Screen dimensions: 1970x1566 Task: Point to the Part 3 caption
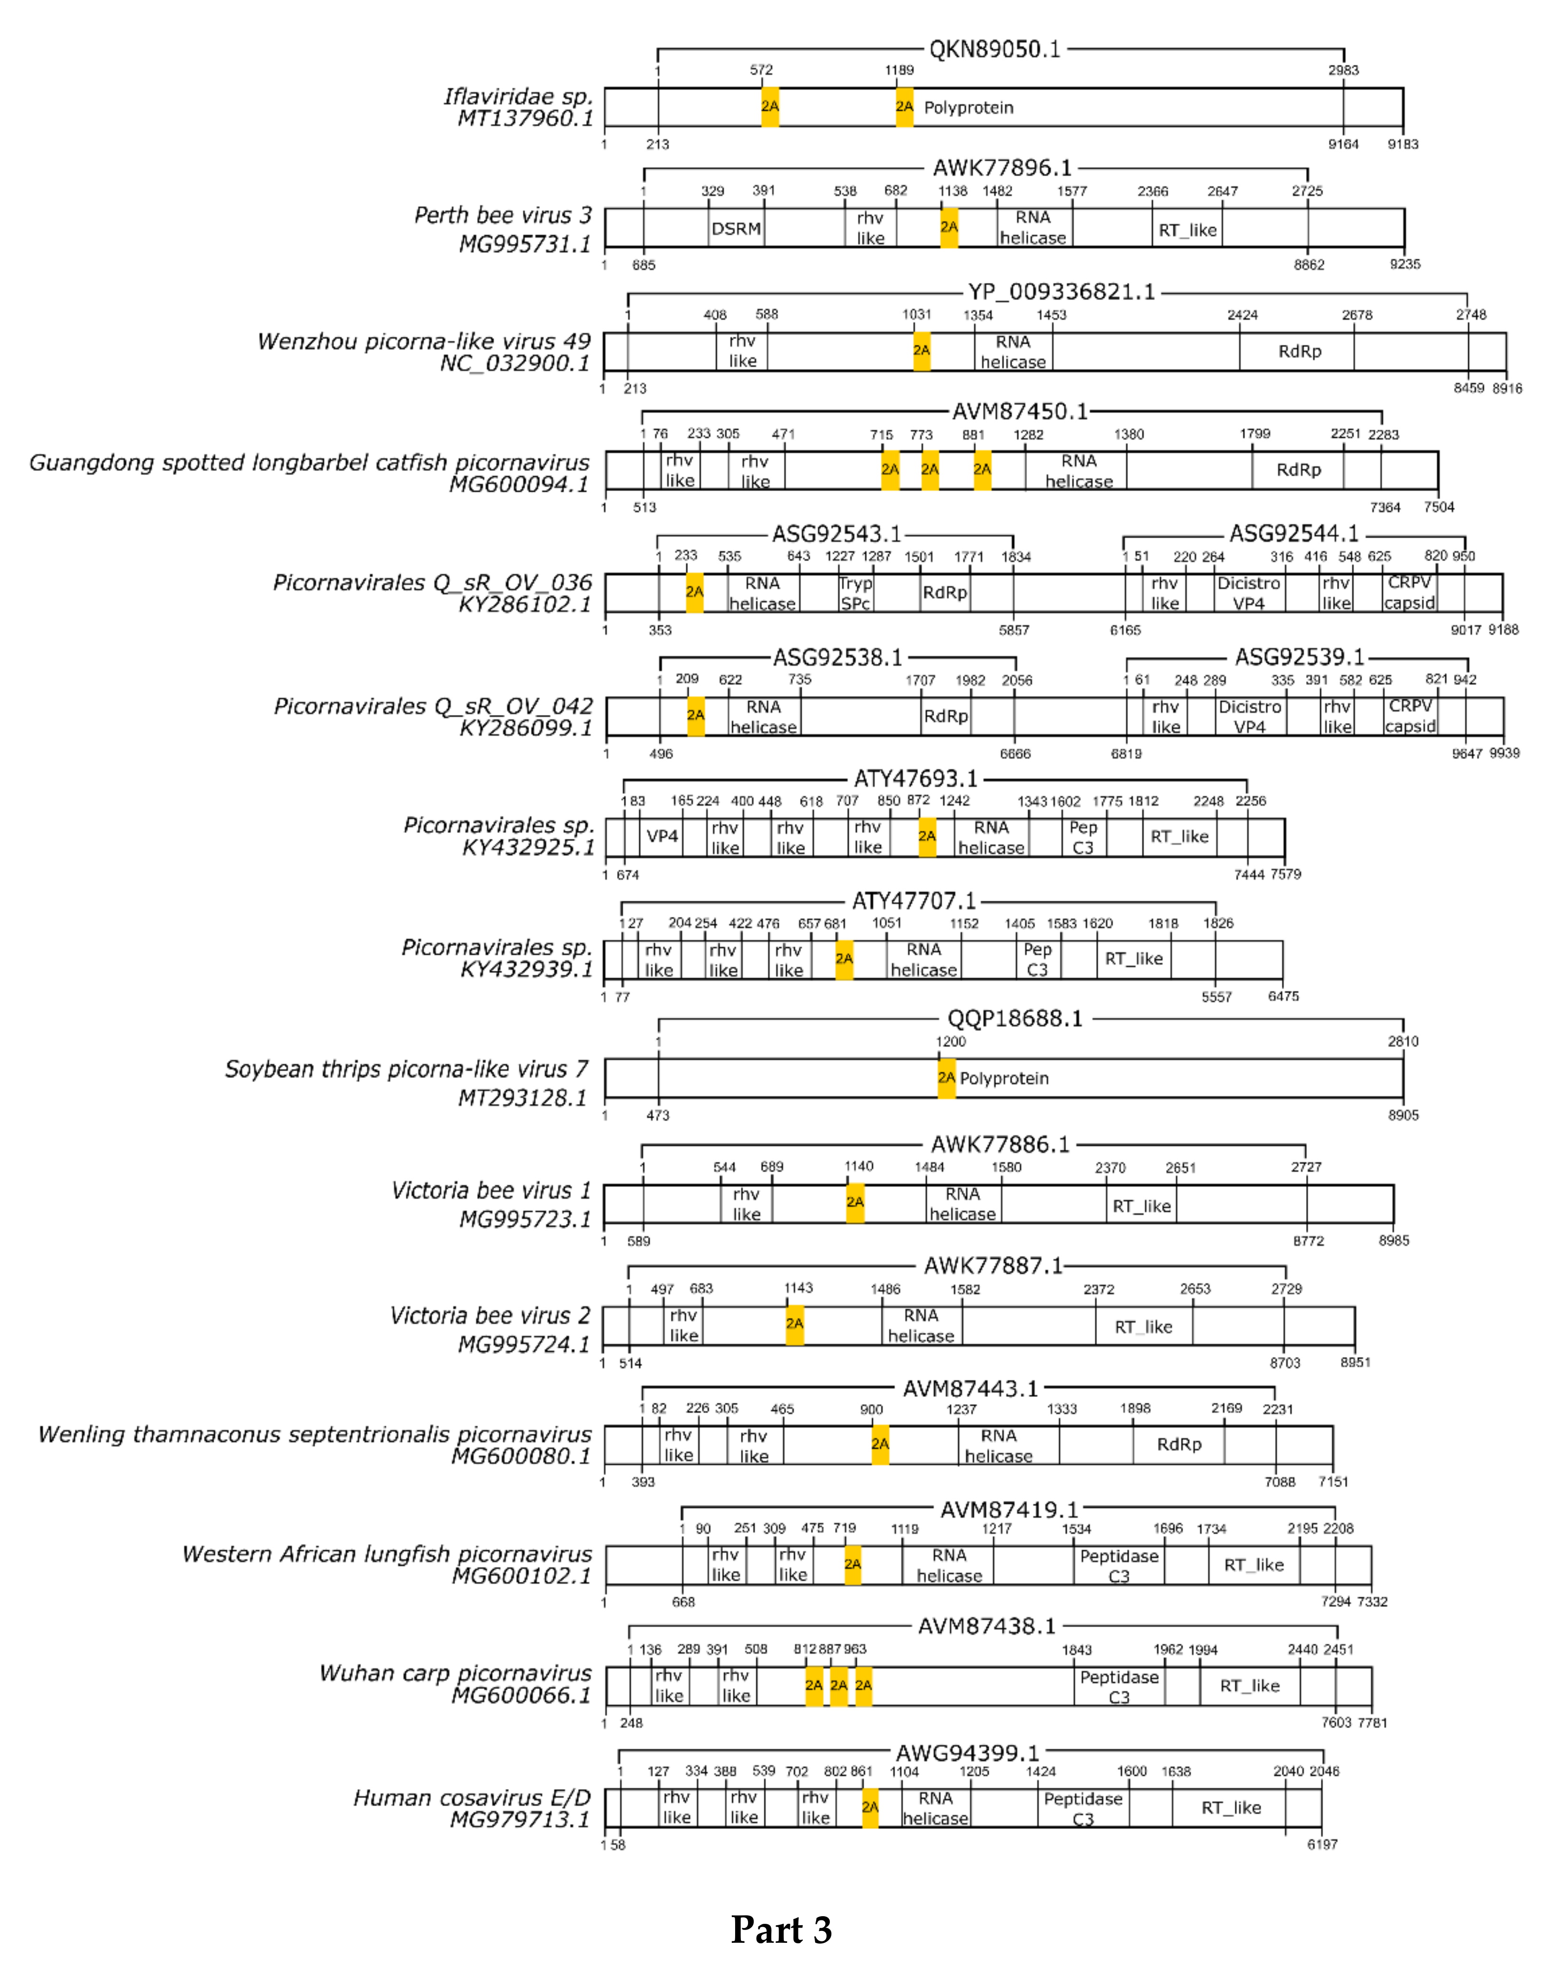[781, 1929]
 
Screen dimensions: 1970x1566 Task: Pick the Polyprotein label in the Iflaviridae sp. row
[968, 108]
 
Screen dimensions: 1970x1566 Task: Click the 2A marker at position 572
[770, 107]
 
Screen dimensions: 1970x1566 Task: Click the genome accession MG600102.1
[522, 1575]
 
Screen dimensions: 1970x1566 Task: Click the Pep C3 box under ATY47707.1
[1037, 959]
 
